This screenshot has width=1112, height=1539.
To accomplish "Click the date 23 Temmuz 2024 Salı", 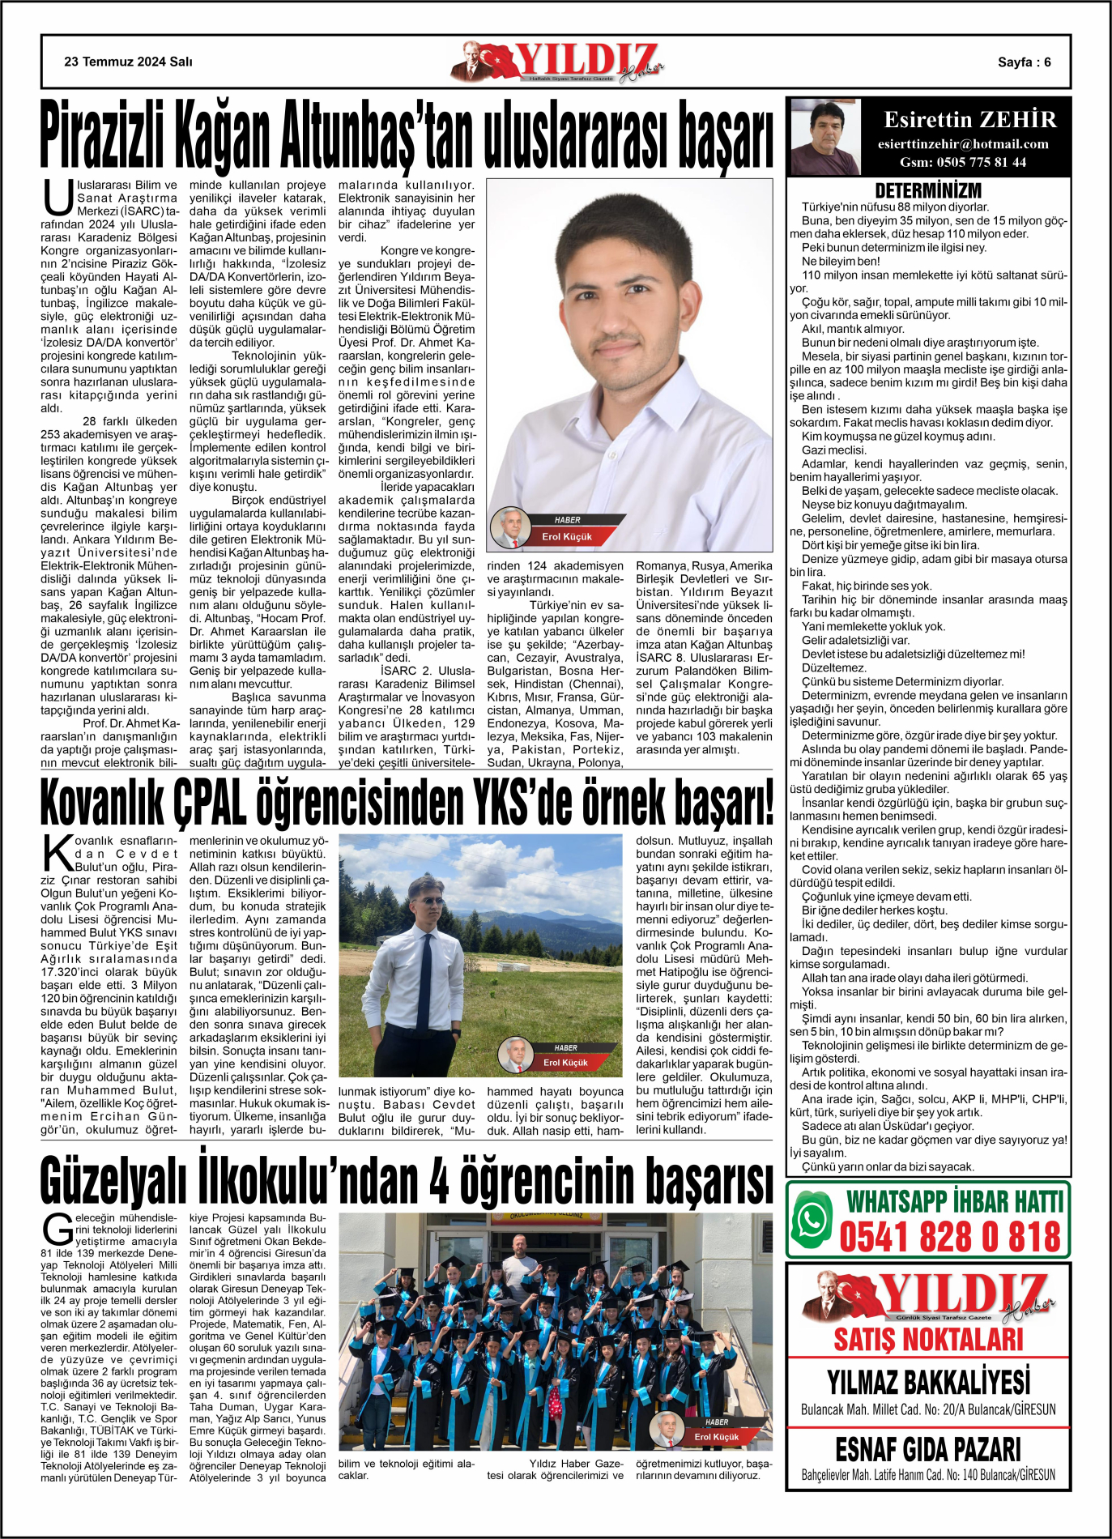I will tap(128, 62).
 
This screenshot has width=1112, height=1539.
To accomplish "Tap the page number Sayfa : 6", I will tap(1024, 62).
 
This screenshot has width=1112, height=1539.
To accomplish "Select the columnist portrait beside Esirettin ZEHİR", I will tap(824, 136).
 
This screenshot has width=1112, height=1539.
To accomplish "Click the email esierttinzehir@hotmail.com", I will tap(963, 144).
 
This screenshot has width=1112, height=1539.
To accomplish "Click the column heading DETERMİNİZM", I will tap(928, 191).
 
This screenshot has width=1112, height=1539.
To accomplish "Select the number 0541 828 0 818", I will tap(949, 1238).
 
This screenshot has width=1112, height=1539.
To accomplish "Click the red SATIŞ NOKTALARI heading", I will tap(928, 1339).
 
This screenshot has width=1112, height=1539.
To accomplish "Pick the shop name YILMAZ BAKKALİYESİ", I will tap(928, 1382).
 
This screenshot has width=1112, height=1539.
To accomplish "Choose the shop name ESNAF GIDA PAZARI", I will tap(928, 1449).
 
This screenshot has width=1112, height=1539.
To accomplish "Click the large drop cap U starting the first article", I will tap(58, 199).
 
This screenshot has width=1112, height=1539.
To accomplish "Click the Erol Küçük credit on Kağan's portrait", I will tap(566, 536).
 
